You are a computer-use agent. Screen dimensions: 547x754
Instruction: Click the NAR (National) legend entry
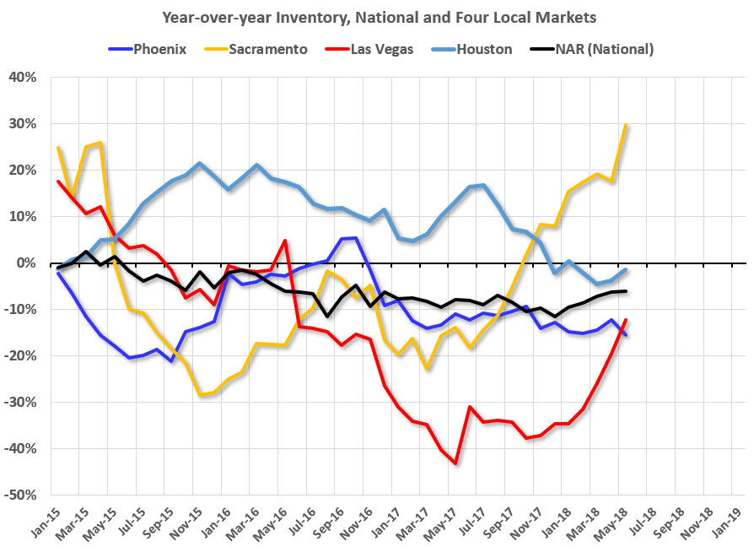[595, 49]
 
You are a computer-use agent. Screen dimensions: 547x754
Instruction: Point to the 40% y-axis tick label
[24, 78]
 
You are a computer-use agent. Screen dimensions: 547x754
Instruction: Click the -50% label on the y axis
[22, 495]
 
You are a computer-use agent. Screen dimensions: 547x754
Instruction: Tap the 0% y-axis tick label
[27, 263]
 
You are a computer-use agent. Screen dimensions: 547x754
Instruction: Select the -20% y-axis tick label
[22, 355]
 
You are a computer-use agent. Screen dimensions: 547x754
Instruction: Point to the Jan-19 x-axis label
[727, 518]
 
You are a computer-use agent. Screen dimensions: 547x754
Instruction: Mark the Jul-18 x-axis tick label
[641, 518]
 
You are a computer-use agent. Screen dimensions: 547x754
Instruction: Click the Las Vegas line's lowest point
[455, 463]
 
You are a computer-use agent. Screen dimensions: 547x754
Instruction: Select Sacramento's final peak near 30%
[626, 125]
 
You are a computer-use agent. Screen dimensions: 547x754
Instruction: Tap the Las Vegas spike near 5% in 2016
[285, 241]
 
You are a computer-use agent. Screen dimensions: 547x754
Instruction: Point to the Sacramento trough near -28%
[200, 395]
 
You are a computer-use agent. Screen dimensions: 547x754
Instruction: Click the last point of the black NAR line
[625, 291]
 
